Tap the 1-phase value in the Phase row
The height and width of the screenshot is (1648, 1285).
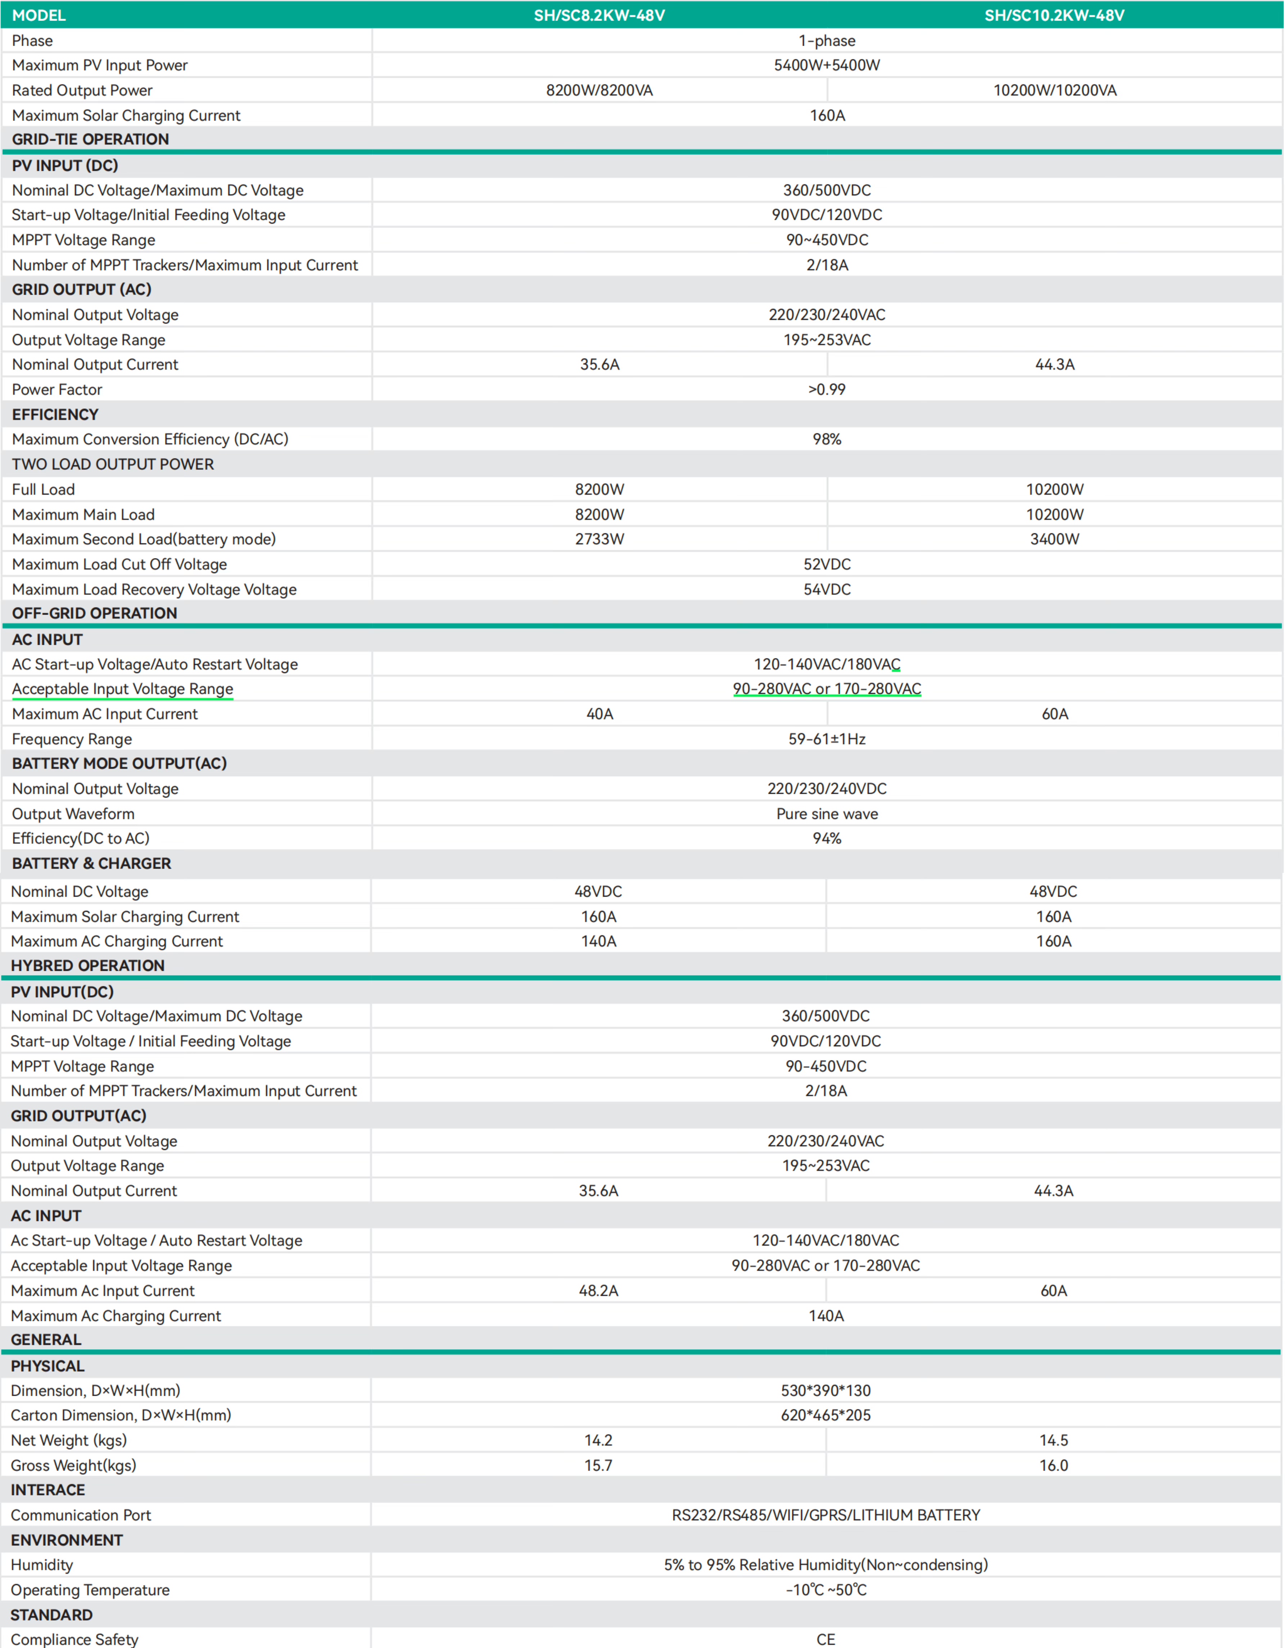point(827,41)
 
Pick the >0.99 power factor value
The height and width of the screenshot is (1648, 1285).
point(827,389)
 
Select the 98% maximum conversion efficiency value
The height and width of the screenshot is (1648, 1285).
point(827,439)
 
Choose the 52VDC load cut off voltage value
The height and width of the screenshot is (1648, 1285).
point(827,565)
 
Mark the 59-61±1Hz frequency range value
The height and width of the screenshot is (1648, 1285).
point(827,739)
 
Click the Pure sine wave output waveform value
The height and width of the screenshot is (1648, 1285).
point(827,814)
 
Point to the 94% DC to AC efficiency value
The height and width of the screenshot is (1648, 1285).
point(827,838)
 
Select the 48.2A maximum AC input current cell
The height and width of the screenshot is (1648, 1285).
point(598,1290)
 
